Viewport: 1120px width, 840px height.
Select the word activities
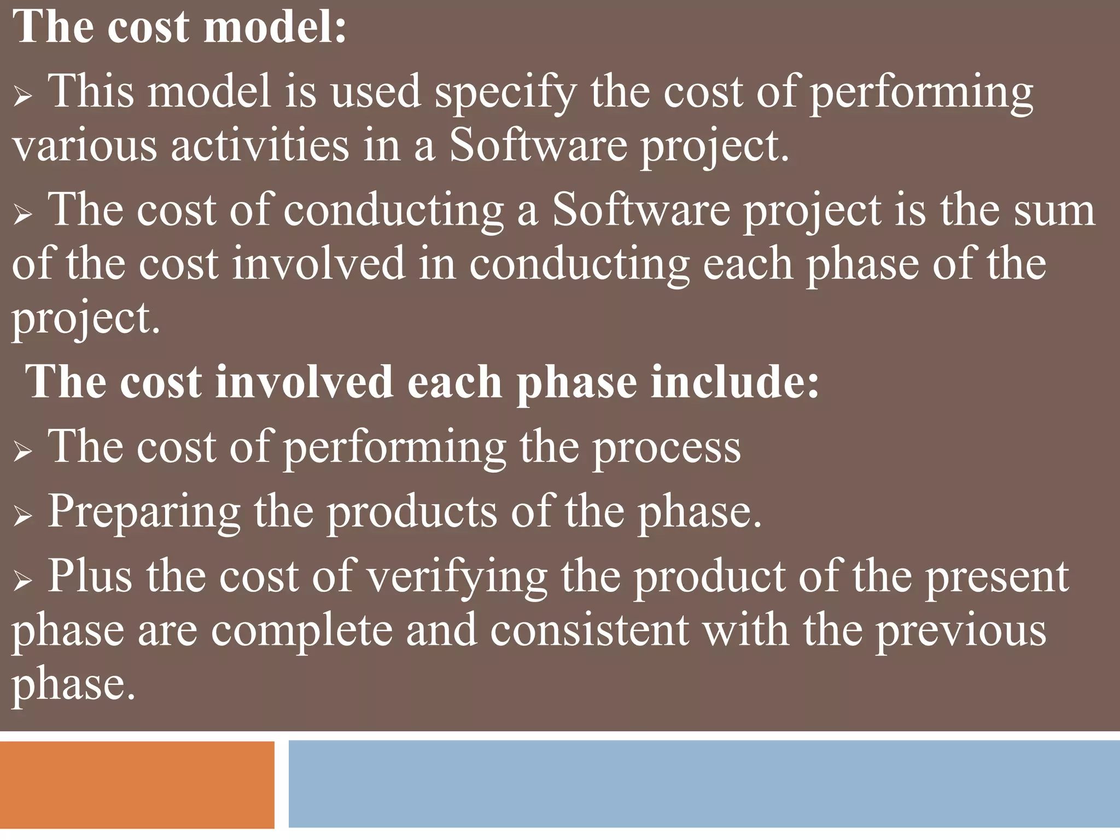click(260, 147)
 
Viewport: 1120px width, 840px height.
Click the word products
click(412, 512)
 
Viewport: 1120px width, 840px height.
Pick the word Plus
click(90, 576)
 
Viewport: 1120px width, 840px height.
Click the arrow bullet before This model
click(22, 98)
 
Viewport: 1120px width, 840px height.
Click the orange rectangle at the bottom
click(137, 785)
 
